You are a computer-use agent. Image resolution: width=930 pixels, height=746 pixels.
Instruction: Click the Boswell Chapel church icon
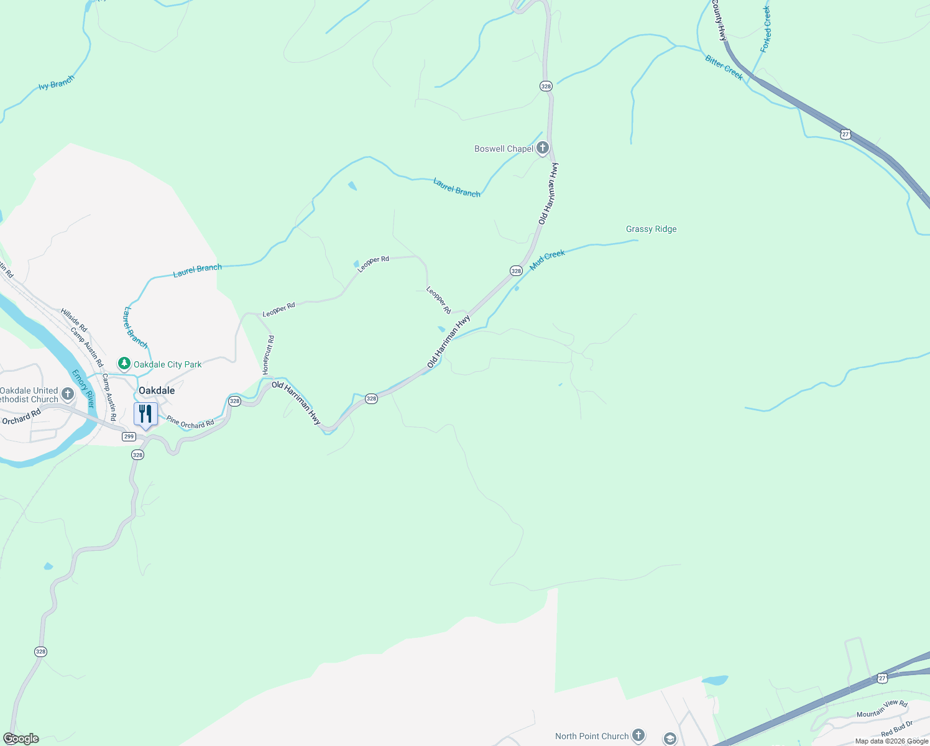tap(543, 148)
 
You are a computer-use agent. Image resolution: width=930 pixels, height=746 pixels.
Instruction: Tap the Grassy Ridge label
tap(651, 229)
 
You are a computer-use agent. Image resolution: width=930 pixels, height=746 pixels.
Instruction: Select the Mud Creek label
tap(547, 260)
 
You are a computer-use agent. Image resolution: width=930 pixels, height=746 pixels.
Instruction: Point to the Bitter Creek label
tap(724, 67)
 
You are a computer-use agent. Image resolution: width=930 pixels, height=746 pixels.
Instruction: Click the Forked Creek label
tap(766, 29)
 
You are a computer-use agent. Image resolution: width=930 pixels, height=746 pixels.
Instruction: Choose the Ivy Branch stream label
tap(56, 83)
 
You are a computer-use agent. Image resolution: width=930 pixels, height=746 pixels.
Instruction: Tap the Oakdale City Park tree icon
tap(124, 364)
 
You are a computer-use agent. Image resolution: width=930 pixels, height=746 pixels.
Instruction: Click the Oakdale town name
tap(157, 390)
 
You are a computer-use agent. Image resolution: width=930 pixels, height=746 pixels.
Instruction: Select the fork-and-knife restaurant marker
tap(145, 414)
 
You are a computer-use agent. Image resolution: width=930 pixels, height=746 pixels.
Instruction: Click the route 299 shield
tap(129, 436)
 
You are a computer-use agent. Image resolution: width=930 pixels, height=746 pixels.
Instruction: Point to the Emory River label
tap(82, 389)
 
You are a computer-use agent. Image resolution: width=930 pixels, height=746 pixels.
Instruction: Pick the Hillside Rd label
tap(74, 320)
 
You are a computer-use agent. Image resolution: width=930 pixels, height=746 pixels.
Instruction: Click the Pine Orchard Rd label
tap(190, 423)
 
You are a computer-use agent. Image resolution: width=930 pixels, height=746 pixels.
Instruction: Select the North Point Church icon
tap(638, 735)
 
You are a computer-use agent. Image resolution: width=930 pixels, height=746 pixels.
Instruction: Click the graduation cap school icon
tap(670, 739)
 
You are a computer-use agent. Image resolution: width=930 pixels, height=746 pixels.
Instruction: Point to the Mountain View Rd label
tap(882, 709)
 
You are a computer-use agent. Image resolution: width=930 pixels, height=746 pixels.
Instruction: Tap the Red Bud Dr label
tap(896, 729)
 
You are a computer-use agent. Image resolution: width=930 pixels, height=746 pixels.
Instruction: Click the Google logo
tap(21, 739)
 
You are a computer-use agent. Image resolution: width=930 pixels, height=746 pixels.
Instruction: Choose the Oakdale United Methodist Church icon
tap(68, 394)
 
